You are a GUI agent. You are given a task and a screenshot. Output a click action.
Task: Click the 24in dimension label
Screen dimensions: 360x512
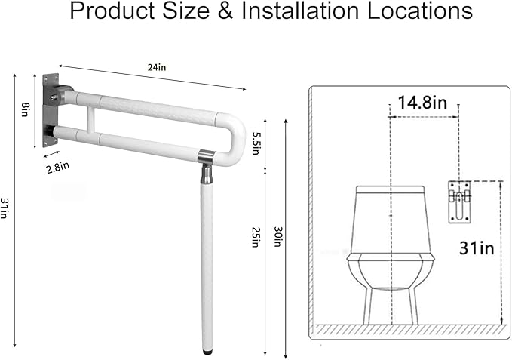coord(157,68)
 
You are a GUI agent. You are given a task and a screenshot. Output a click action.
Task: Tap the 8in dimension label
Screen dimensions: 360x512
coord(24,109)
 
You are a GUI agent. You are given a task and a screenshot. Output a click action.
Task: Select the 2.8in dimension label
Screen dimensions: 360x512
coord(58,168)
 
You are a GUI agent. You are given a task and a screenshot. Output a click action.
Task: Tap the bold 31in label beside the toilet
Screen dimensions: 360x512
coord(477,247)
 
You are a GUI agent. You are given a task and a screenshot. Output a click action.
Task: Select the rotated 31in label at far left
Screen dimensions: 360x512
coord(6,207)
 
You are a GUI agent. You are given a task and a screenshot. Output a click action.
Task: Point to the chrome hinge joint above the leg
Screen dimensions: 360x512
coord(206,157)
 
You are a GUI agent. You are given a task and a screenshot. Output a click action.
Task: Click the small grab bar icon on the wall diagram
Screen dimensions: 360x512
coord(458,200)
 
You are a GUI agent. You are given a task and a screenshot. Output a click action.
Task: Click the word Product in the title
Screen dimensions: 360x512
coord(108,13)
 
